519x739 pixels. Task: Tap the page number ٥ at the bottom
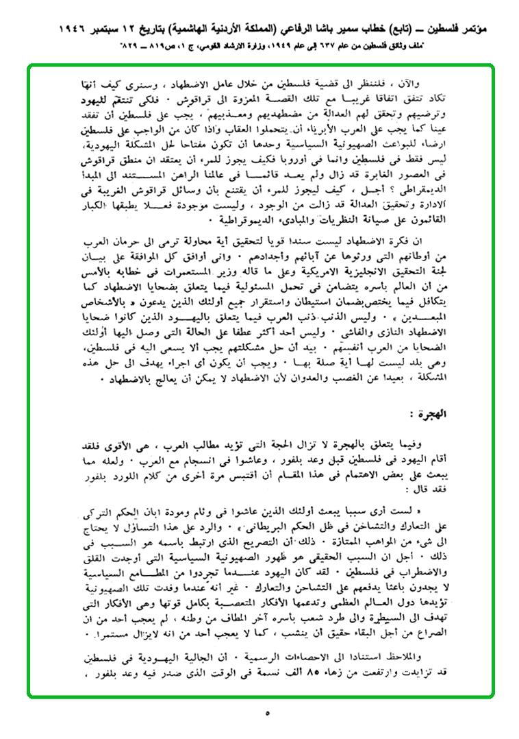point(267,713)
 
